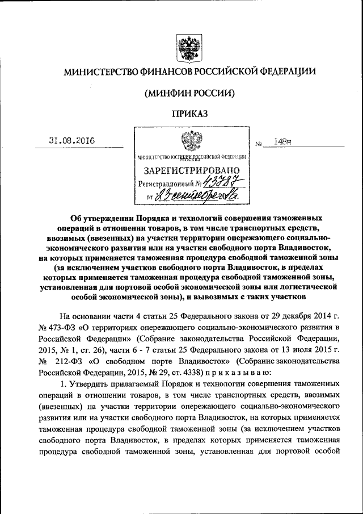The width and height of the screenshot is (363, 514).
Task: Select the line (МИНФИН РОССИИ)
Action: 189,92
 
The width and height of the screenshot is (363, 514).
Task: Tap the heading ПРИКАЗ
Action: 188,113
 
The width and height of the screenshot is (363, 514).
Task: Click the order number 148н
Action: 282,142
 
